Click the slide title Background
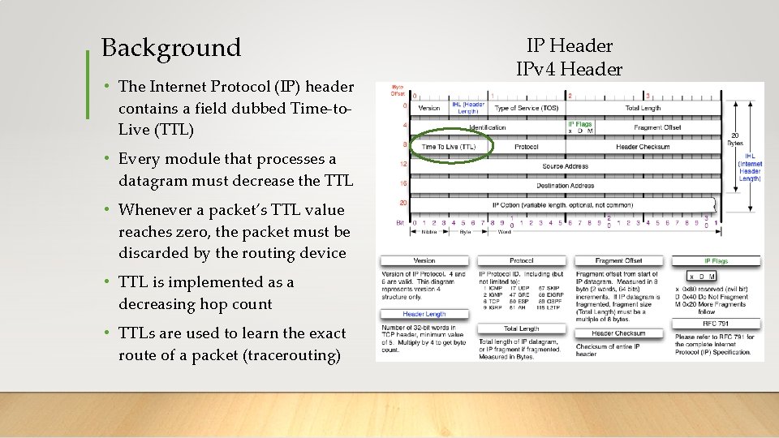click(x=171, y=48)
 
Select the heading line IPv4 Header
click(x=569, y=68)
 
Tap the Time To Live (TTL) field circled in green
click(x=449, y=147)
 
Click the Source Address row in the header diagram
click(x=565, y=165)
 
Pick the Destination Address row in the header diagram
click(x=565, y=185)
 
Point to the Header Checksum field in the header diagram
click(x=642, y=147)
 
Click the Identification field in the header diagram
click(x=487, y=127)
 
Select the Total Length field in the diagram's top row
click(x=642, y=108)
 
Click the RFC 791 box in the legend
click(x=717, y=323)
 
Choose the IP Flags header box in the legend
click(x=717, y=261)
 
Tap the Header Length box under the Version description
click(x=424, y=314)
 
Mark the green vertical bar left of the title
click(x=88, y=84)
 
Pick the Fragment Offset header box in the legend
click(x=619, y=261)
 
